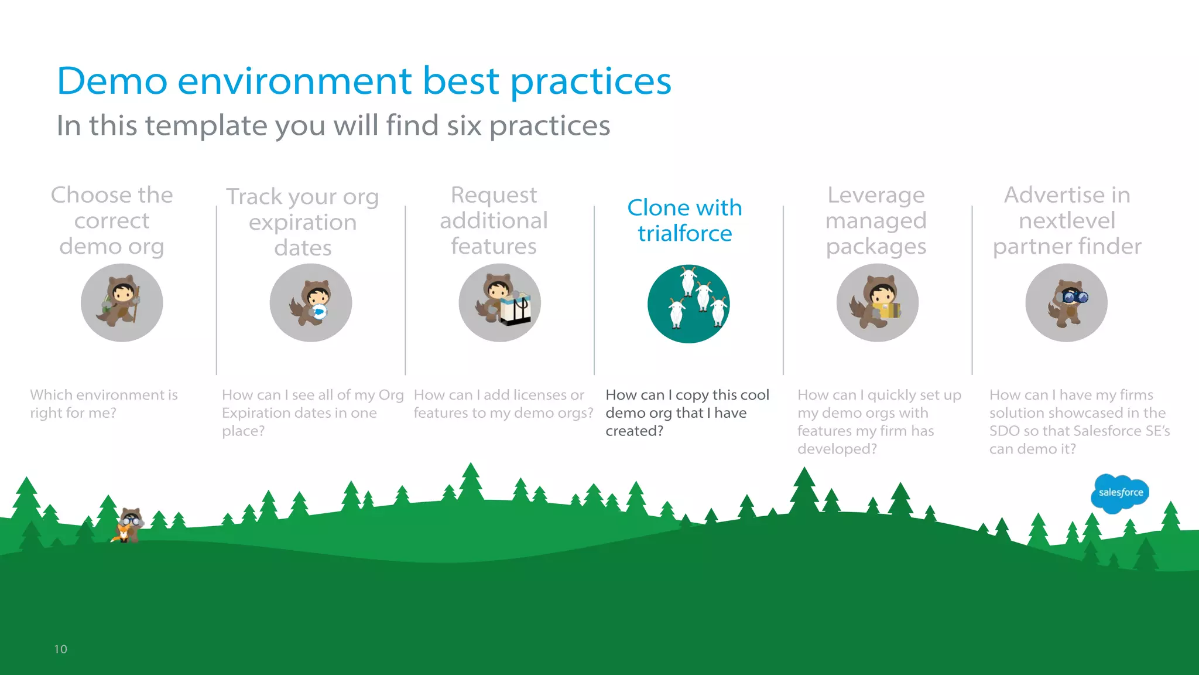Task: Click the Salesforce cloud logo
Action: coord(1120,493)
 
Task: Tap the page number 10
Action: coord(60,649)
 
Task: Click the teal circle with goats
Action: coord(688,304)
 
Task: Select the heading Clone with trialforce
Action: coord(684,220)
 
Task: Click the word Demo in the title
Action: coord(112,81)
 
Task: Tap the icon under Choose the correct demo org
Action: coord(122,302)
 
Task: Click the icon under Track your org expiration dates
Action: coord(310,302)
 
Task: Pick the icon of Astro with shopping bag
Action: coord(499,302)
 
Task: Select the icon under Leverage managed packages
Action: coord(877,302)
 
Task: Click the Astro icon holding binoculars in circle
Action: coord(1066,302)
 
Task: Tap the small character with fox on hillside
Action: coord(128,526)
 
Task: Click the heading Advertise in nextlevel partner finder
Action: coord(1067,220)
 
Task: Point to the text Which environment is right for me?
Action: coord(104,404)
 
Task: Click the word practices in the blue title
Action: coord(591,81)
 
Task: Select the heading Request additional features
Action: coord(494,220)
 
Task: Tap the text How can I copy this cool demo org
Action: coord(687,404)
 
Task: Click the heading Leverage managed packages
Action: coord(876,220)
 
